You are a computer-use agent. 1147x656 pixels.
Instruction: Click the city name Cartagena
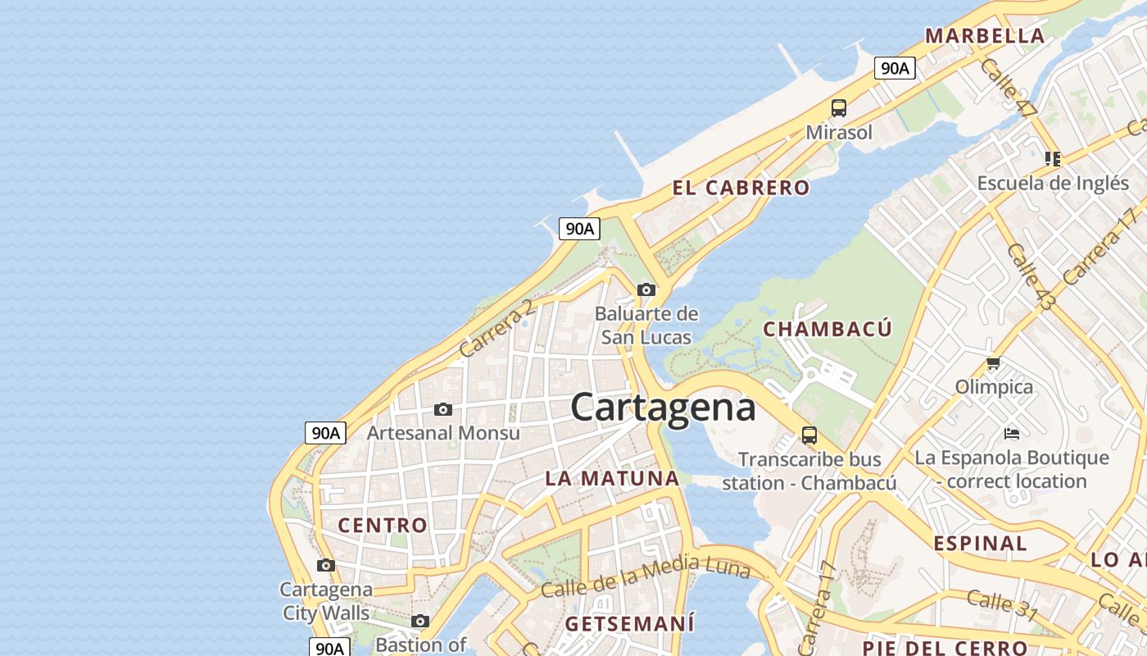(x=662, y=408)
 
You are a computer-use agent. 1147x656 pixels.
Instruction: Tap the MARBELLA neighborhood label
(x=985, y=36)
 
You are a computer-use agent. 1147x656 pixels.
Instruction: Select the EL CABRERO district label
(x=741, y=188)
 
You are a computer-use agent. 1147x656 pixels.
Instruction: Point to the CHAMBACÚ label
(x=827, y=329)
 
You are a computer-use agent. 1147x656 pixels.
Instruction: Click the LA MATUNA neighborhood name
(x=612, y=478)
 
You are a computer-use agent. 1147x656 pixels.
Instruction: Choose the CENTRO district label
(x=383, y=525)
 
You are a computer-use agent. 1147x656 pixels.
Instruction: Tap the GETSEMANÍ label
(x=629, y=623)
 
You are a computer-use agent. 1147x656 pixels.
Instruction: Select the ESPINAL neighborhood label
(x=980, y=543)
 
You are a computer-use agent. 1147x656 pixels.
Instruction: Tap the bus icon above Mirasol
(x=838, y=107)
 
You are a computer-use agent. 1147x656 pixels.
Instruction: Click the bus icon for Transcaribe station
(x=809, y=435)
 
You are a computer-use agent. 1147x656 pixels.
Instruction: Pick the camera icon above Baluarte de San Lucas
(x=646, y=289)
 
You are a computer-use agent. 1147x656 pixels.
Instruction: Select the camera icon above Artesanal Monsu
(x=443, y=409)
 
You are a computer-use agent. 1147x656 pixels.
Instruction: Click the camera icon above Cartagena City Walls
(x=326, y=565)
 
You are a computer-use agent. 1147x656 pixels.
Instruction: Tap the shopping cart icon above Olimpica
(x=994, y=362)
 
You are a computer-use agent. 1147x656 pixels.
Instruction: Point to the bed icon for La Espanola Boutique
(x=1012, y=433)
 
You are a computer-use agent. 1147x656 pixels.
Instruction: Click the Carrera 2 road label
(x=496, y=328)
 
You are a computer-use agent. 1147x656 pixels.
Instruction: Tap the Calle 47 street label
(x=1008, y=88)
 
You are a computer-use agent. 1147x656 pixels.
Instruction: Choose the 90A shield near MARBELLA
(x=894, y=68)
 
